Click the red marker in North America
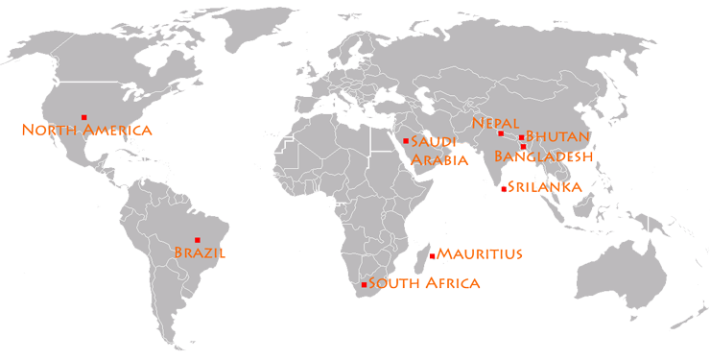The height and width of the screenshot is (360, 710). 84,117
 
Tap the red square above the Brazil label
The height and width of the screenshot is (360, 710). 198,239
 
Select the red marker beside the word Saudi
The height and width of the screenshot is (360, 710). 406,141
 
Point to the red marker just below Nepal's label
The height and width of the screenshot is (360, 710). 500,133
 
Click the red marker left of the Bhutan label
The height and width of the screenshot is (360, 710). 521,137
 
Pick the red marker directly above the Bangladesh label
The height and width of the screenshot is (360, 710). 523,146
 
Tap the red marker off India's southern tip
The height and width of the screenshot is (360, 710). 504,189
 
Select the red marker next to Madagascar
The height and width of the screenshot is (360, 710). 433,255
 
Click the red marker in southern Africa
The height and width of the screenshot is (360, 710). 364,285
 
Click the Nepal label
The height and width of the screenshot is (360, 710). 496,123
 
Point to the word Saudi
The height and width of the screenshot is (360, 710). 430,142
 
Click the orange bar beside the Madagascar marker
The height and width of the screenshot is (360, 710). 479,253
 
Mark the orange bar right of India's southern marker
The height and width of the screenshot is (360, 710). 544,186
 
